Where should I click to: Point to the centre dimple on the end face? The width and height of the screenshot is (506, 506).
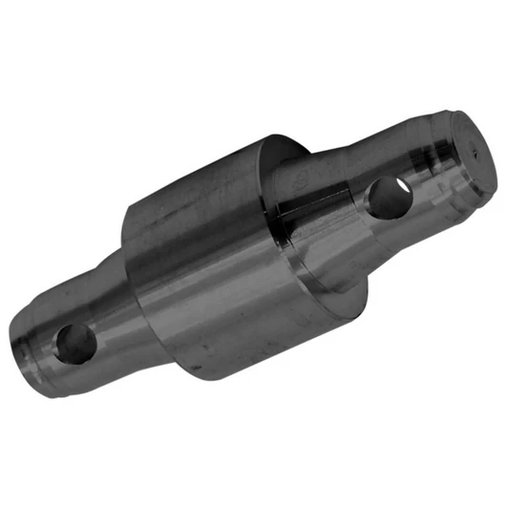click(470, 150)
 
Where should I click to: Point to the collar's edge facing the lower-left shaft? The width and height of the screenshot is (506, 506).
click(129, 239)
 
